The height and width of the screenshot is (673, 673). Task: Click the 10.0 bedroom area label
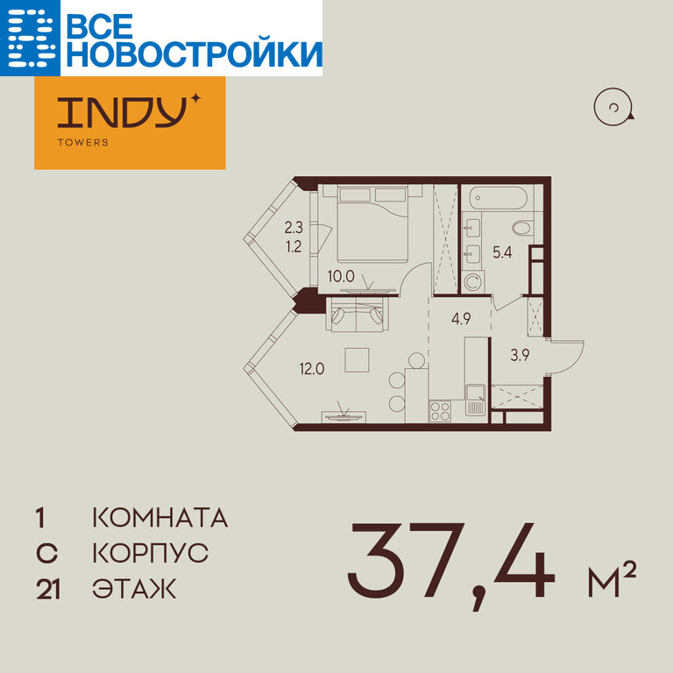click(341, 276)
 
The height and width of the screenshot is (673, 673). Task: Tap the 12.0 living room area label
click(312, 369)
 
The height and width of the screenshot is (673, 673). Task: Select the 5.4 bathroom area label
click(502, 252)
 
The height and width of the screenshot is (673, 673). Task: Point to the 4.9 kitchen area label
click(461, 318)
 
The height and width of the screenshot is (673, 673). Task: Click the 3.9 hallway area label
click(520, 355)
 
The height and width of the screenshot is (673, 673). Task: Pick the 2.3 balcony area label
click(294, 227)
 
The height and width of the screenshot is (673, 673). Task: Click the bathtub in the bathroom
click(498, 198)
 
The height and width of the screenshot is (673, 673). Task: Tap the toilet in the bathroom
click(523, 228)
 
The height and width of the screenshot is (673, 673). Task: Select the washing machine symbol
click(473, 282)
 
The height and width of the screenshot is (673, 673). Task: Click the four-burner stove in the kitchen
click(440, 411)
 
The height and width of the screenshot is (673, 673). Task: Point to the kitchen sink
click(476, 400)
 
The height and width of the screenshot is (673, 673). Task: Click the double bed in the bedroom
click(372, 223)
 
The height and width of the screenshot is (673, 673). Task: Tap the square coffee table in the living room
click(358, 359)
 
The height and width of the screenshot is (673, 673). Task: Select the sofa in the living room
click(358, 314)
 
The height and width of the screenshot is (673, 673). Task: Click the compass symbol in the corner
click(613, 107)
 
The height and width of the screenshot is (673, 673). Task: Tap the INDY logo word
click(123, 112)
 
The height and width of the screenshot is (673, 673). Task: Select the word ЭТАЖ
click(134, 589)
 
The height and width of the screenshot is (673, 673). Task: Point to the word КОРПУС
click(151, 553)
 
